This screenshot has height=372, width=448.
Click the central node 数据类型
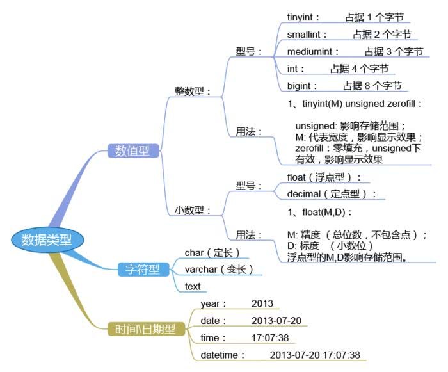click(47, 239)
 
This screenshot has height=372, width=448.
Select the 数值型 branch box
click(132, 151)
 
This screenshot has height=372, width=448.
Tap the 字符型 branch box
click(141, 269)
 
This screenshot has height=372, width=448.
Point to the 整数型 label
click(193, 92)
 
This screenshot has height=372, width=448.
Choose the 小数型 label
click(193, 209)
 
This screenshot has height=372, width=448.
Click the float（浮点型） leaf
click(324, 177)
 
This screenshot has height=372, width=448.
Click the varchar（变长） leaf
click(218, 269)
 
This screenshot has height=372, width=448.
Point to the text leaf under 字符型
click(193, 286)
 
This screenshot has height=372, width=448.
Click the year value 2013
click(262, 303)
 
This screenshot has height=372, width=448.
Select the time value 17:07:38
click(270, 337)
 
